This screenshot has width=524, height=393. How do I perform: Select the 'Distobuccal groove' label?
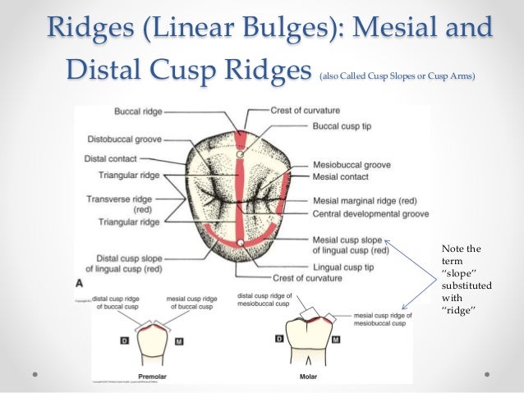[122, 139]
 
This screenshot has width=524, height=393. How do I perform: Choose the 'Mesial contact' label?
[340, 176]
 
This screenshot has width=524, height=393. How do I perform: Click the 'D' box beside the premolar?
[125, 339]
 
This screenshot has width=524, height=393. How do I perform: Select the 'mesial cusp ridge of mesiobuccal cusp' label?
[384, 318]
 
